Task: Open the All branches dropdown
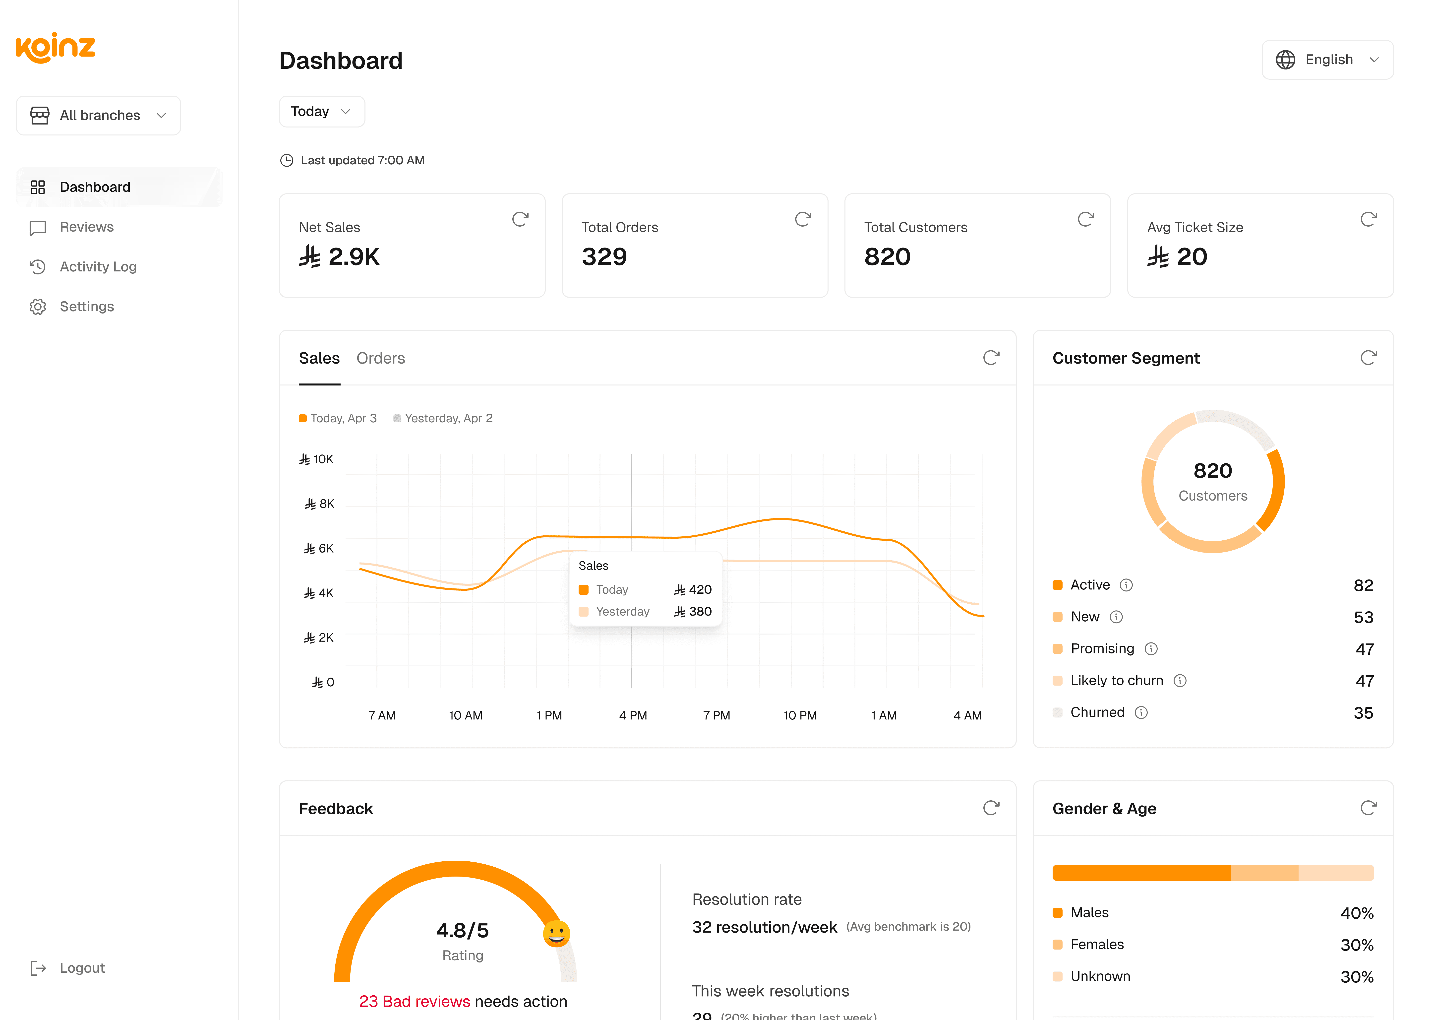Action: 99,116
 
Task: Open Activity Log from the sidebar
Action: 98,267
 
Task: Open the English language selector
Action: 1327,60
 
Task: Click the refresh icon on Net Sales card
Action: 520,219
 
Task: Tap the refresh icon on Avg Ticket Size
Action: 1368,219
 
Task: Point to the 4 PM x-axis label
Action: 633,715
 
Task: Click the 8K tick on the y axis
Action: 320,504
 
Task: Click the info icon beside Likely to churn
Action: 1180,681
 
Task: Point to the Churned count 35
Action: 1363,713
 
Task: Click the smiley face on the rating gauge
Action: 556,933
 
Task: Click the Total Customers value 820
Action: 887,257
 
